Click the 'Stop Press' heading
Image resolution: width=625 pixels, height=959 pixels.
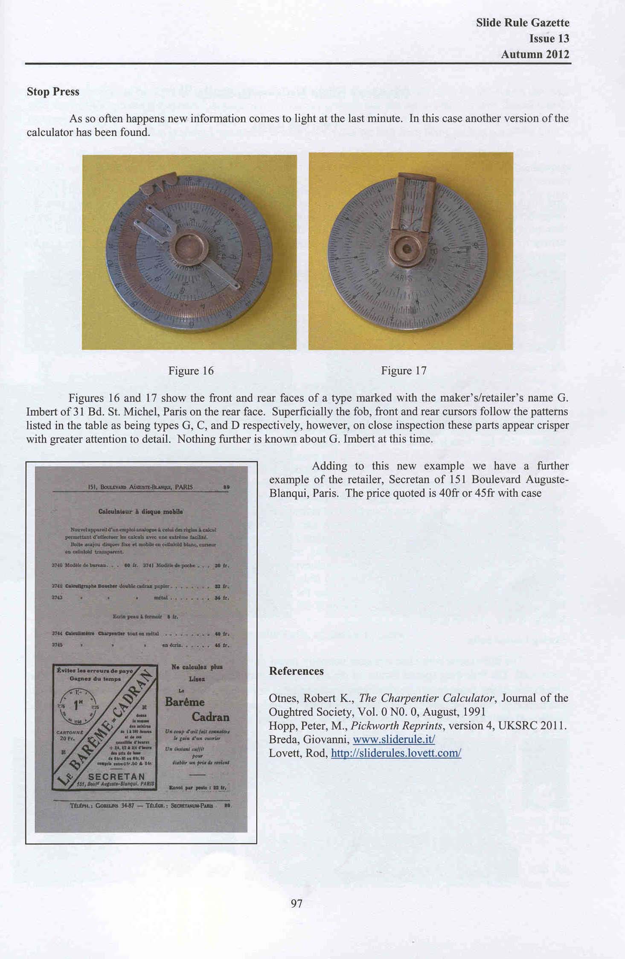pos(53,92)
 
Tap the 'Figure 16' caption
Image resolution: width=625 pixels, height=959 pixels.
pos(191,370)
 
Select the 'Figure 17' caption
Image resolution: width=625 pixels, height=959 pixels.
pos(404,370)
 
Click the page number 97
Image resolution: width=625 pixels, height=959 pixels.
pos(297,904)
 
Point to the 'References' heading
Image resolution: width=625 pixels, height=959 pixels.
pos(296,671)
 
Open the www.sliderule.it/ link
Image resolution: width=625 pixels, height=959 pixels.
pos(394,740)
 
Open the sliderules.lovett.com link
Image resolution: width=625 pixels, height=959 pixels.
pos(396,753)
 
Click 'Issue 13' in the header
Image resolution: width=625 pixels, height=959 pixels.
pos(549,38)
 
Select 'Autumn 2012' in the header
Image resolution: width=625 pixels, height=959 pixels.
pos(535,54)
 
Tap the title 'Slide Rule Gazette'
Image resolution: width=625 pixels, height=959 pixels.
pos(523,23)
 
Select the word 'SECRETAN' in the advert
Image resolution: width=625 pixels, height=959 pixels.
pos(116,776)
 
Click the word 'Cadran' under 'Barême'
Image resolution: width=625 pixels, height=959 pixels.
pos(210,717)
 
